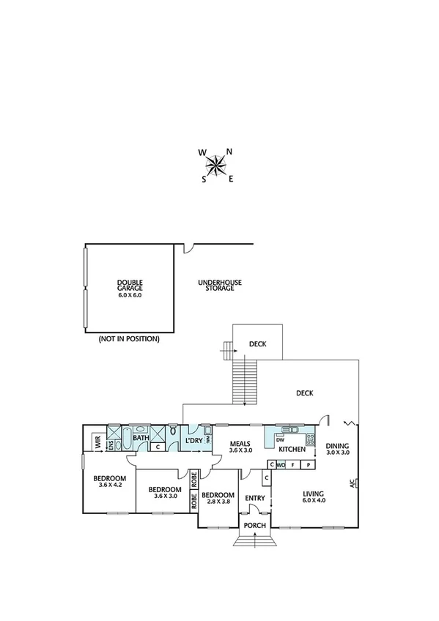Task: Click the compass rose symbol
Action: pyautogui.click(x=215, y=166)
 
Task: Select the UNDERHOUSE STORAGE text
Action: pyautogui.click(x=220, y=286)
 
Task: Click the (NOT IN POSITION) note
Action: pyautogui.click(x=129, y=340)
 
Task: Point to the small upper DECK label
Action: pyautogui.click(x=257, y=343)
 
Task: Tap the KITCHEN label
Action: pyautogui.click(x=291, y=449)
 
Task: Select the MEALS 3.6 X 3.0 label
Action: pyautogui.click(x=241, y=447)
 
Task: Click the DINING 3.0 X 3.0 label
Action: pyautogui.click(x=338, y=449)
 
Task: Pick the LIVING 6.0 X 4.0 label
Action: pyautogui.click(x=318, y=497)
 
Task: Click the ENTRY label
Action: pyautogui.click(x=255, y=499)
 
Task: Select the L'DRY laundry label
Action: pyautogui.click(x=193, y=441)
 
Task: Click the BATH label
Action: pyautogui.click(x=141, y=439)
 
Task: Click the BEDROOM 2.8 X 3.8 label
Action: pyautogui.click(x=218, y=499)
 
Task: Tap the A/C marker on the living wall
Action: pyautogui.click(x=353, y=483)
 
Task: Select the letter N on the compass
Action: pyautogui.click(x=229, y=152)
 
